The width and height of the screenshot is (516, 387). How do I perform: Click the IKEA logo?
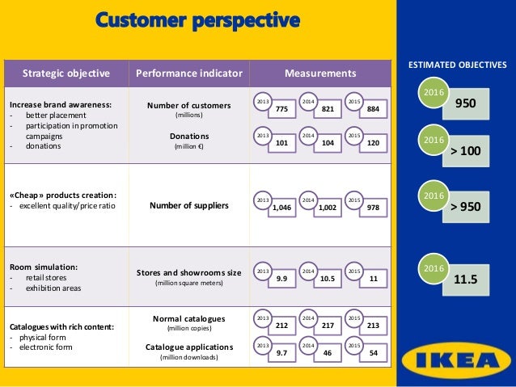[x=457, y=355]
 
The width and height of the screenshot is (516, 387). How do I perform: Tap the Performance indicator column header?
[x=189, y=74]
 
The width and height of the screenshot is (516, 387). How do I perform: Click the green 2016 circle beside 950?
[x=432, y=95]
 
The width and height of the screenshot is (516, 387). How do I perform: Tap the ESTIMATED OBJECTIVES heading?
[x=457, y=63]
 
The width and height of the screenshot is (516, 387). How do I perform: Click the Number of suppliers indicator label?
[x=189, y=205]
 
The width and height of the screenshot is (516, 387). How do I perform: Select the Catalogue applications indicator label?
[x=189, y=346]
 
